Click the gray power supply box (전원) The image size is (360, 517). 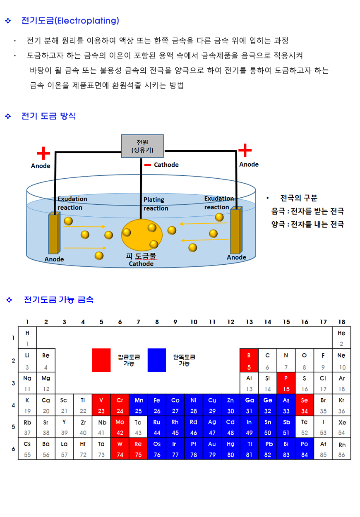click(x=142, y=146)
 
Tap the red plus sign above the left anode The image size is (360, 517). click(x=43, y=153)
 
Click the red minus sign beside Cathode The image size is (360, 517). click(x=148, y=165)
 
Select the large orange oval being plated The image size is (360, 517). click(x=142, y=235)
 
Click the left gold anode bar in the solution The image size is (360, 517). click(x=54, y=233)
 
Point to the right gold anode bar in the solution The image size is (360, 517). click(x=236, y=230)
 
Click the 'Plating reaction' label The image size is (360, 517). click(x=156, y=204)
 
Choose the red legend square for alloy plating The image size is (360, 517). click(x=101, y=360)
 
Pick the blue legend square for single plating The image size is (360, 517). click(x=156, y=360)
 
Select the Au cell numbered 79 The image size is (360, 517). click(x=212, y=449)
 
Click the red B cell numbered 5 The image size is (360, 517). click(x=249, y=361)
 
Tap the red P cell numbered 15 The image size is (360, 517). click(x=286, y=383)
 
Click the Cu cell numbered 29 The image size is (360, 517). click(x=212, y=405)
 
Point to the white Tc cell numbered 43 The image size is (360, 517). click(x=138, y=427)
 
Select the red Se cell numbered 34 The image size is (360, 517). click(x=305, y=405)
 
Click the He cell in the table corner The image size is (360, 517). click(x=341, y=338)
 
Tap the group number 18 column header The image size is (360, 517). click(x=341, y=322)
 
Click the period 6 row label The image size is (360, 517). click(x=13, y=449)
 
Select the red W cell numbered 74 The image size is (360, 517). click(x=120, y=449)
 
